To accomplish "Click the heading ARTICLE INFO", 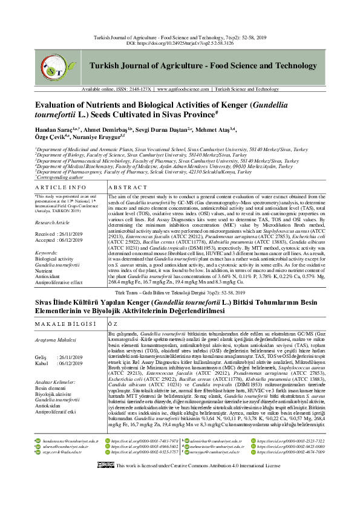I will click(x=59, y=172).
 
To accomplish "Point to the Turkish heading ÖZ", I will click(x=113, y=323).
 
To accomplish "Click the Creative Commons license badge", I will click(x=105, y=499).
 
